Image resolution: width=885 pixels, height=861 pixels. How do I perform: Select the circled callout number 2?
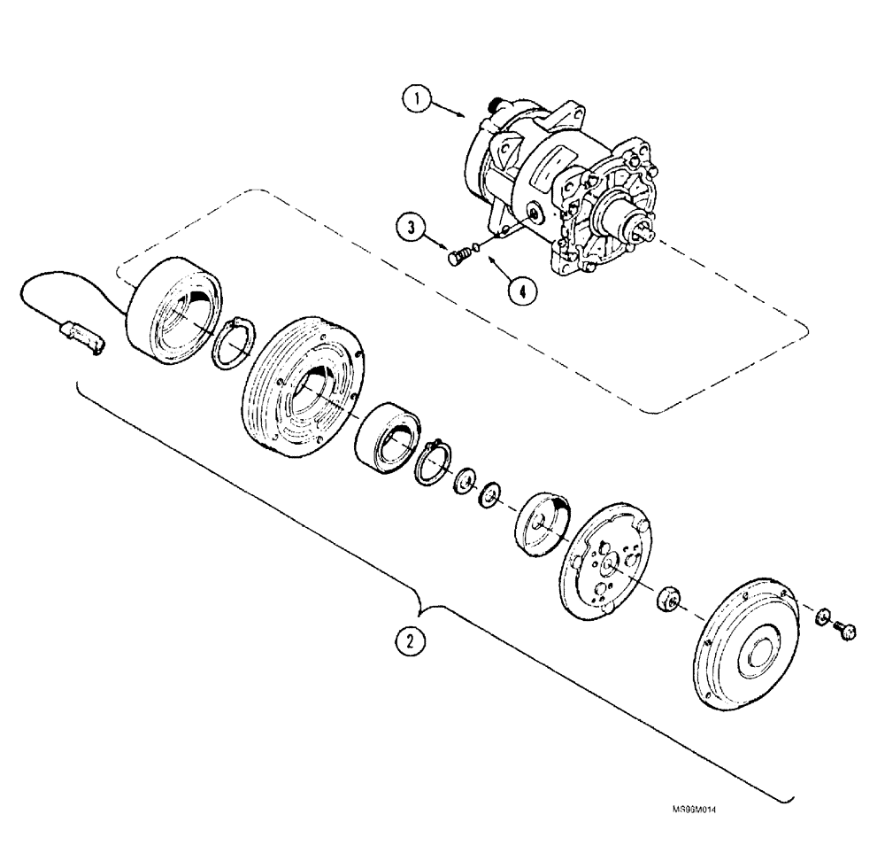tap(410, 641)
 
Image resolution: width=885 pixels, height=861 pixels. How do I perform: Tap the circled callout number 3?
tap(412, 226)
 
